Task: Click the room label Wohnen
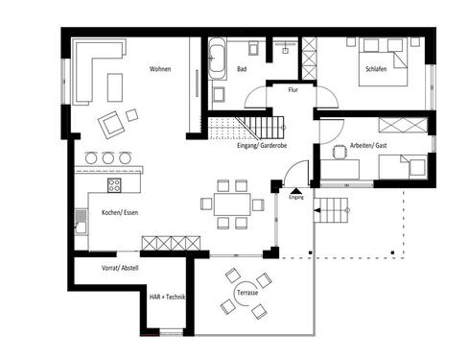pos(160,69)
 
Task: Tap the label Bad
pos(243,70)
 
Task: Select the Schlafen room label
pos(378,70)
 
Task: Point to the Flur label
pos(294,90)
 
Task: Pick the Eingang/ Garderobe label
pos(262,147)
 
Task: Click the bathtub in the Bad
pos(217,59)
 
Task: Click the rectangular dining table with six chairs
pos(230,204)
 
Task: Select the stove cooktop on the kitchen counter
pos(114,186)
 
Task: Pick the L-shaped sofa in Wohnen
pos(88,72)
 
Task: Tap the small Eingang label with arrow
pos(295,197)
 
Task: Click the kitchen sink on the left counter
pos(82,226)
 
